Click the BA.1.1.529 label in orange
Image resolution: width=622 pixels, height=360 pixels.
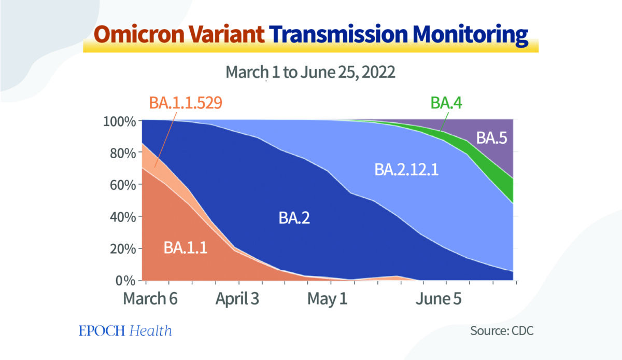tap(186, 102)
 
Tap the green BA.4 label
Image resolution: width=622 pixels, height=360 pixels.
tap(446, 103)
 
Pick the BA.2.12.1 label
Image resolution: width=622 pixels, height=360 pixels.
tap(406, 170)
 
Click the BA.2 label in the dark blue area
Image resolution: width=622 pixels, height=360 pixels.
tap(295, 218)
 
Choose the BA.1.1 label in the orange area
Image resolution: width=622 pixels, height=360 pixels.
tap(186, 247)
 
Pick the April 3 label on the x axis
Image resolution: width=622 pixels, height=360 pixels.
tap(237, 299)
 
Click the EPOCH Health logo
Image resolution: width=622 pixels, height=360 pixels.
tap(125, 330)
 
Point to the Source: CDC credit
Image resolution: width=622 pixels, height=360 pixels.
tap(502, 330)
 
